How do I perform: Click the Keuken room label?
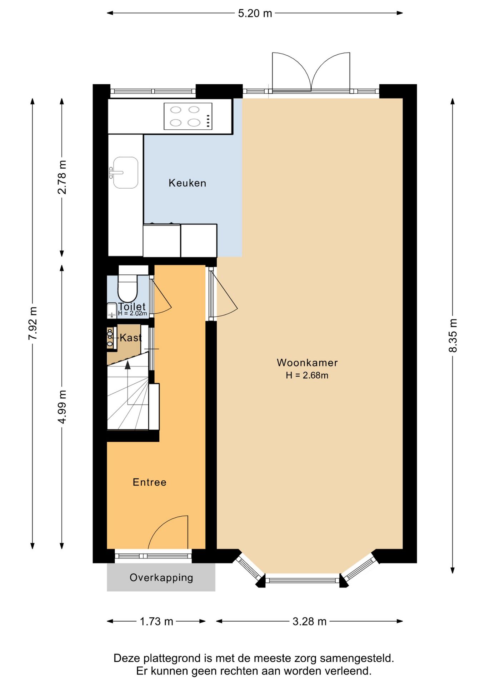click(x=187, y=183)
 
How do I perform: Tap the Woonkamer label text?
click(x=307, y=363)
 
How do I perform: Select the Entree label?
click(x=150, y=482)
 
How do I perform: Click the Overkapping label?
click(x=161, y=578)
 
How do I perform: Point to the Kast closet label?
click(x=131, y=338)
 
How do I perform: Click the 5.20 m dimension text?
click(x=255, y=14)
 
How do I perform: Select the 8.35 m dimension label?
click(x=453, y=335)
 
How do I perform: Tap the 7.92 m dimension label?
click(x=33, y=323)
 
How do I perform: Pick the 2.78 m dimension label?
click(x=62, y=177)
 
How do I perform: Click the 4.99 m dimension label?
click(x=62, y=407)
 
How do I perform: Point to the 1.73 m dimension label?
click(x=156, y=622)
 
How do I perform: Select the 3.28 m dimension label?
click(x=310, y=622)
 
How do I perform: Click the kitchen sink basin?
click(x=126, y=173)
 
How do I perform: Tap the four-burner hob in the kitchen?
click(x=188, y=116)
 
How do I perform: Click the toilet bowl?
click(x=127, y=288)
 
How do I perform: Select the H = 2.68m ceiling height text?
click(x=307, y=376)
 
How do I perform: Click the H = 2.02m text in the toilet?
click(x=132, y=313)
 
